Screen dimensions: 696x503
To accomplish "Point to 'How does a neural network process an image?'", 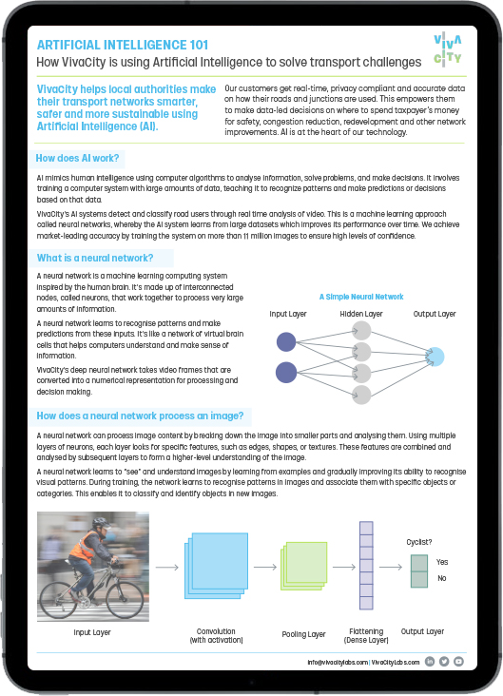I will (x=140, y=415).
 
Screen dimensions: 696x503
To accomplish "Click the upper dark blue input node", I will (x=285, y=342).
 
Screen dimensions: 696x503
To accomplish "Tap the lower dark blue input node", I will (x=285, y=372).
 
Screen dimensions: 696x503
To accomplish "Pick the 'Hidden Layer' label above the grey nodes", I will (x=360, y=314).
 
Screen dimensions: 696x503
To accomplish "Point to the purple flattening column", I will (x=367, y=567).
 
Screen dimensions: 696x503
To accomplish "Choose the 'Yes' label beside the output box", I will (x=442, y=562).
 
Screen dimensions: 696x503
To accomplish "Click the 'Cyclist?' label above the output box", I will (x=420, y=542).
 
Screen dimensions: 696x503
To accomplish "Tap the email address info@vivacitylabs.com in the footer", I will (x=337, y=661).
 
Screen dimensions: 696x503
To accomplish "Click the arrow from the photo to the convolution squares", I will (x=165, y=568).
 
